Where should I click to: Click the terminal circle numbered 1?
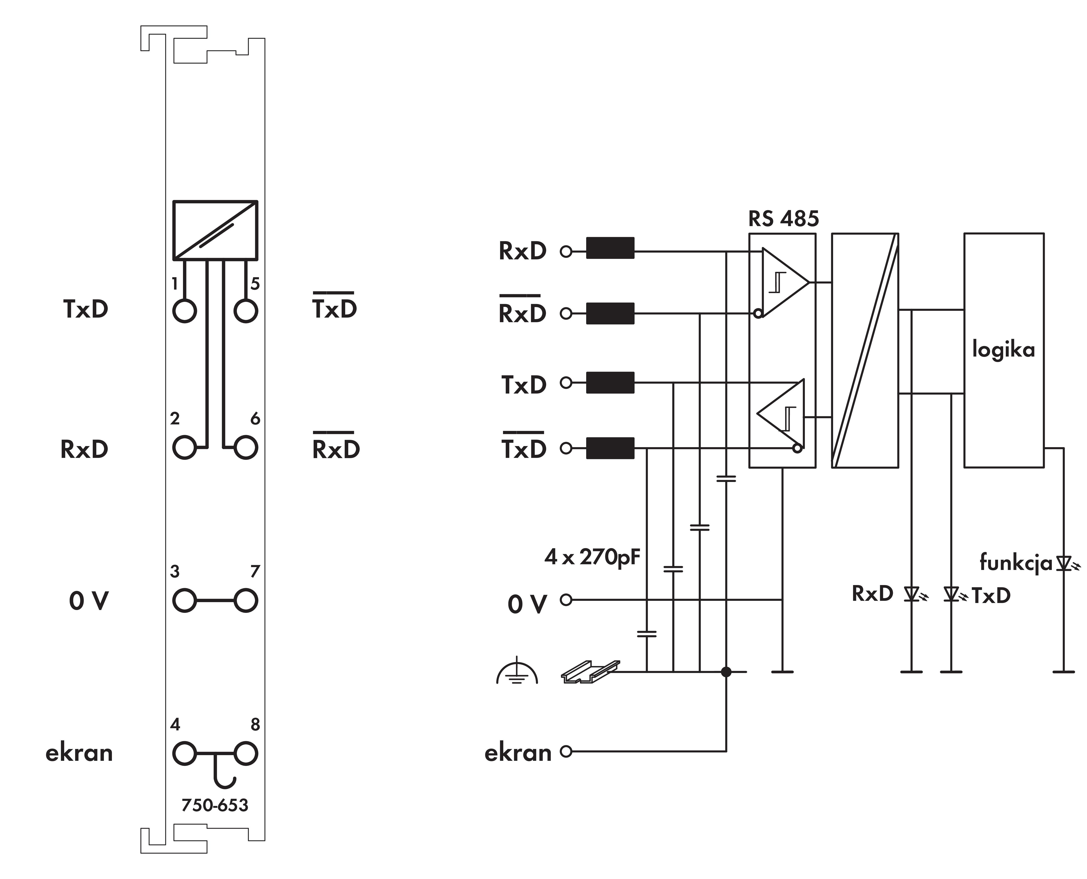184,311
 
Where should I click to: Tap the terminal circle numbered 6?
246,448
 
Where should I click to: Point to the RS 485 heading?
783,219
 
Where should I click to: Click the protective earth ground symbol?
517,672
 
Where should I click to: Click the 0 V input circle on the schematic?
566,600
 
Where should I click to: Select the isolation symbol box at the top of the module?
215,230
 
